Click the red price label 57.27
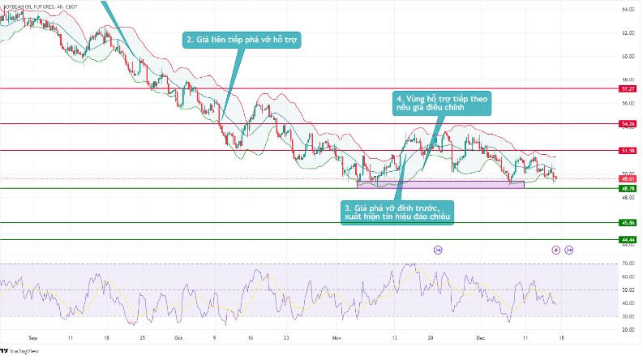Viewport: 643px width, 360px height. (627, 88)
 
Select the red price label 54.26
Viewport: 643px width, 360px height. (627, 124)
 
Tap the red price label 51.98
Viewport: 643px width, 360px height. (627, 151)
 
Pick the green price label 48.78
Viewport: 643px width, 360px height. (627, 188)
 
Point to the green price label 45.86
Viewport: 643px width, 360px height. (627, 222)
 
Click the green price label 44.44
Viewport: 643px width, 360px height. (627, 240)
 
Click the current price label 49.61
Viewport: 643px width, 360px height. (627, 179)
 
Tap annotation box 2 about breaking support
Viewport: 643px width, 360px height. (242, 40)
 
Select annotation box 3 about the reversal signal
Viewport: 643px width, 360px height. (397, 212)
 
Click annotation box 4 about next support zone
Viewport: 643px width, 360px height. (443, 102)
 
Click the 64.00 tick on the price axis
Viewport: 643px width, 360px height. (627, 10)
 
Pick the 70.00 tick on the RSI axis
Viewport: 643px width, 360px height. (627, 264)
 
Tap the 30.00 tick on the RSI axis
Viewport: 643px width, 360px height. (627, 316)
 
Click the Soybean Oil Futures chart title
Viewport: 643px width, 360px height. (41, 6)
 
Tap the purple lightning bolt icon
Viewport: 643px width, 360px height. (556, 251)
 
